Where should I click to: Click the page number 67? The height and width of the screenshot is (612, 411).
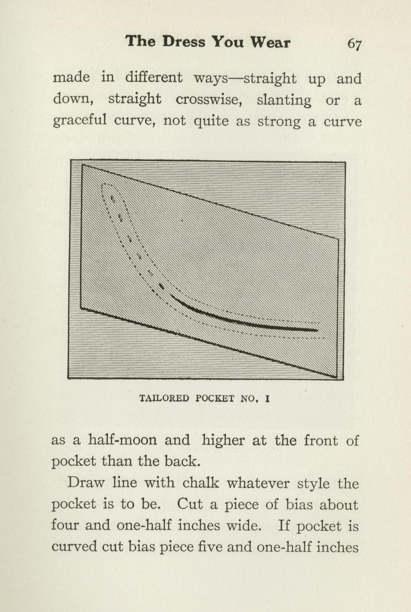click(x=354, y=43)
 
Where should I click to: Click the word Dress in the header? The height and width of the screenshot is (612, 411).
click(x=184, y=42)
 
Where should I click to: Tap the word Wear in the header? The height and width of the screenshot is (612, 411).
click(x=270, y=42)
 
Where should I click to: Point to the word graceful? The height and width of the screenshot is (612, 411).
click(x=80, y=121)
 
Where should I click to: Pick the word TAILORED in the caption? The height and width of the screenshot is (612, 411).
click(x=164, y=398)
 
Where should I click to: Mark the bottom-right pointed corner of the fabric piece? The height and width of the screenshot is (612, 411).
click(x=336, y=377)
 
